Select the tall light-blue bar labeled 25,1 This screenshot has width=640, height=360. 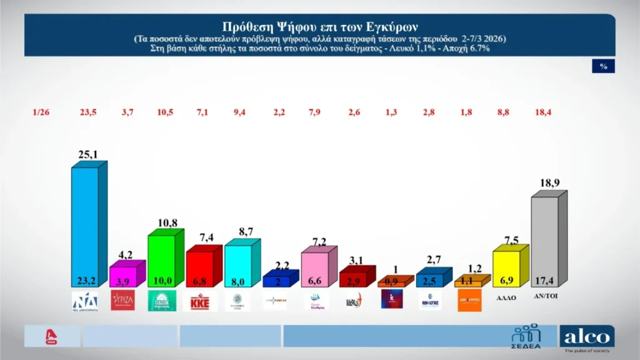(x=85, y=225)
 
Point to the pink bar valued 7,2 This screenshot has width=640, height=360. (x=315, y=269)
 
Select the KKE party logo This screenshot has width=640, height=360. (x=199, y=301)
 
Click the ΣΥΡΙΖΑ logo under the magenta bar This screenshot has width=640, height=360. (x=122, y=300)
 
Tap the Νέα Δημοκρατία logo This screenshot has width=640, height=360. (x=84, y=301)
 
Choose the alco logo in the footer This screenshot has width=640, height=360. (x=587, y=337)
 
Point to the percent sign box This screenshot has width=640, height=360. (x=603, y=66)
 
